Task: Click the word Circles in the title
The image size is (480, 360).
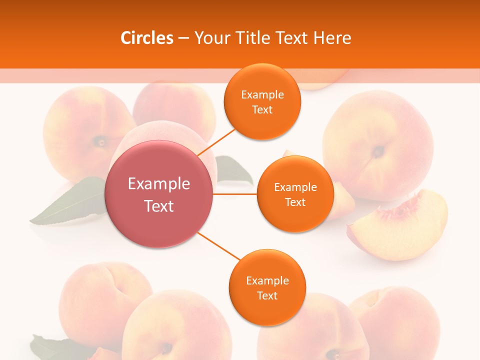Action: pos(147,38)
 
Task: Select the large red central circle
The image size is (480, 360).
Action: pos(159,194)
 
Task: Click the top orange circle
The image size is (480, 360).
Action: pos(262,101)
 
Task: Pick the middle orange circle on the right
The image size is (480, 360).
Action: pos(295,194)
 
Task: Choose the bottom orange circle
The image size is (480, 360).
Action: pos(267,287)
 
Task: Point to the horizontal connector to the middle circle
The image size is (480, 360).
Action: pos(235,194)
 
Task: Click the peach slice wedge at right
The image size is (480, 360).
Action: pos(400,227)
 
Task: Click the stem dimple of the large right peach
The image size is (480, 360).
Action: pos(378,150)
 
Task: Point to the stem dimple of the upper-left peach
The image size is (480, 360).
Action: pos(101,142)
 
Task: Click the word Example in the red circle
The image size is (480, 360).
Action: pos(159,184)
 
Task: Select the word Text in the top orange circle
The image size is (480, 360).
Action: pos(262,109)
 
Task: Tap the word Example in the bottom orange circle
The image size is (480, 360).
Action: pos(267,280)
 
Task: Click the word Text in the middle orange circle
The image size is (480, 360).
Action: pos(295,202)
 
